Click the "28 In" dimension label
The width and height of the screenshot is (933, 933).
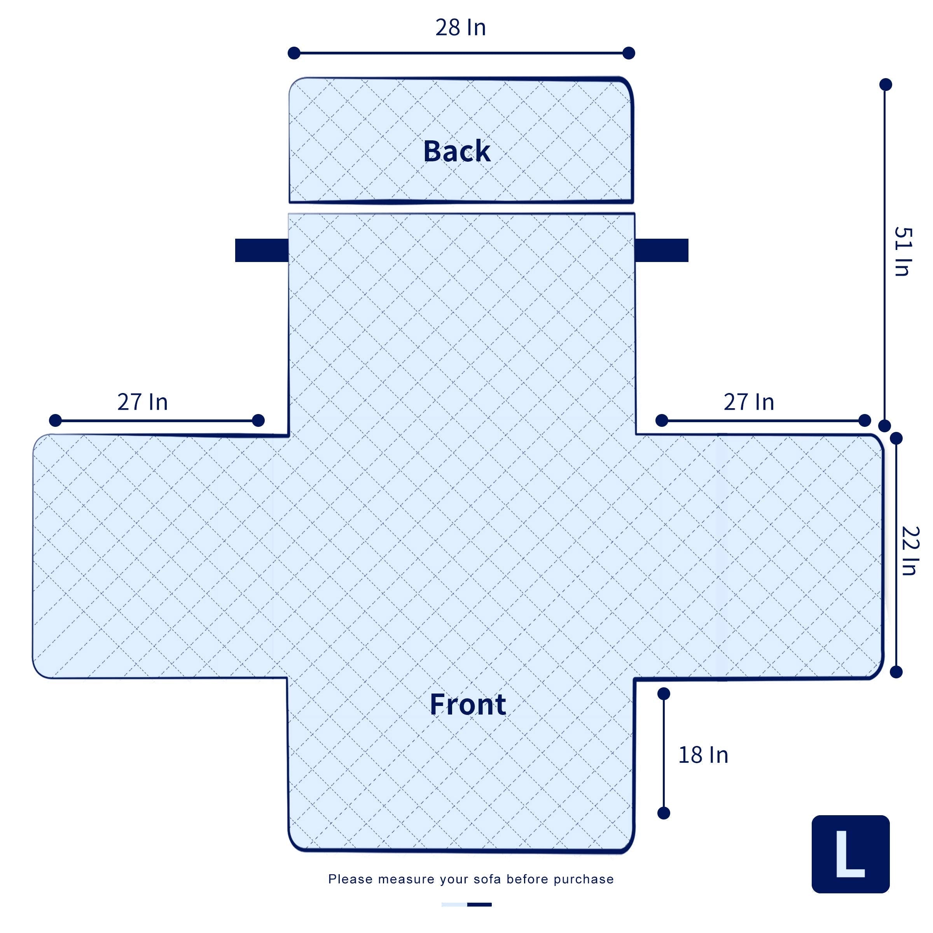[460, 28]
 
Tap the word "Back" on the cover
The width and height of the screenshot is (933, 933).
[457, 151]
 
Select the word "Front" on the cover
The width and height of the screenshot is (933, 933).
[467, 704]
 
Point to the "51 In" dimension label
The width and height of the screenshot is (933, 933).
[902, 251]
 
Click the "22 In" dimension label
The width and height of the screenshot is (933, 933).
[910, 551]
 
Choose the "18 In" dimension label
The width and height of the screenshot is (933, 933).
[703, 755]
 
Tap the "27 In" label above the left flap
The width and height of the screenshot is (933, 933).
[142, 402]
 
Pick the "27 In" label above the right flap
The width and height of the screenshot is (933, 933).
[748, 402]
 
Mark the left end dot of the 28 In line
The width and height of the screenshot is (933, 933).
[294, 53]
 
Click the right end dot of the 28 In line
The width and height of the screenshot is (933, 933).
[629, 53]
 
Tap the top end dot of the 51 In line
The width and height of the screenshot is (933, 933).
[886, 84]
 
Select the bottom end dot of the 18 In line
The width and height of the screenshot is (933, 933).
[664, 813]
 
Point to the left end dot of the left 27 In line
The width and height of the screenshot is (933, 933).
[56, 420]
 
